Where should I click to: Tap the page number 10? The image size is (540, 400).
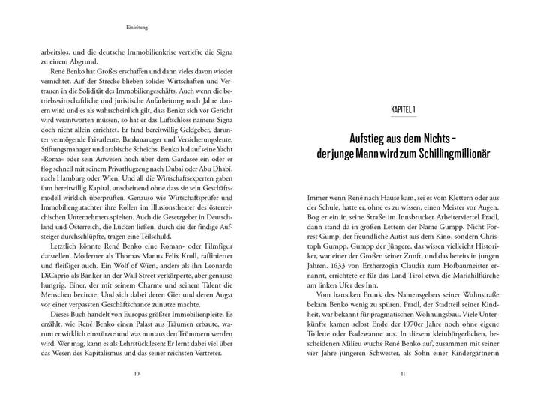click(135, 375)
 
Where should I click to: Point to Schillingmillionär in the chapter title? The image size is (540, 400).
click(449, 155)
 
